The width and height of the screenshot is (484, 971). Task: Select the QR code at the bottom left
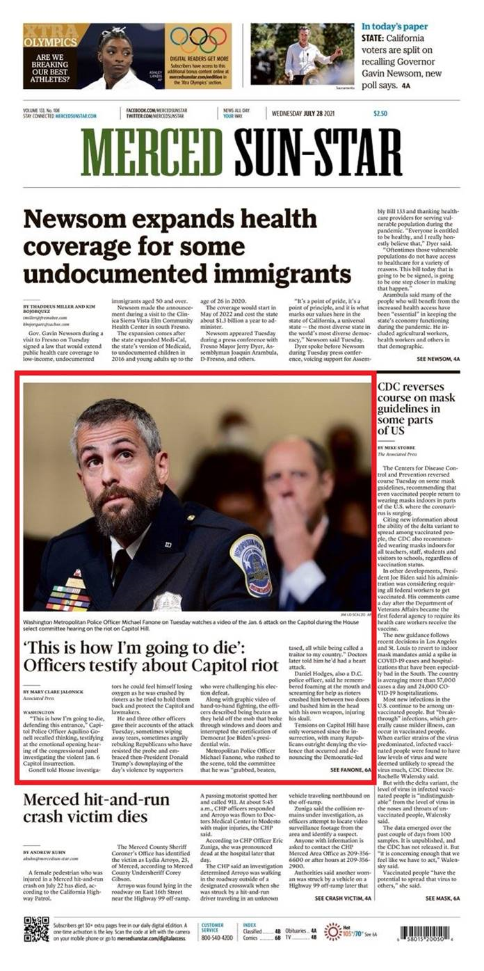[x=36, y=929]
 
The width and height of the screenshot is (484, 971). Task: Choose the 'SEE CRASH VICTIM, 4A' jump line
[x=343, y=899]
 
